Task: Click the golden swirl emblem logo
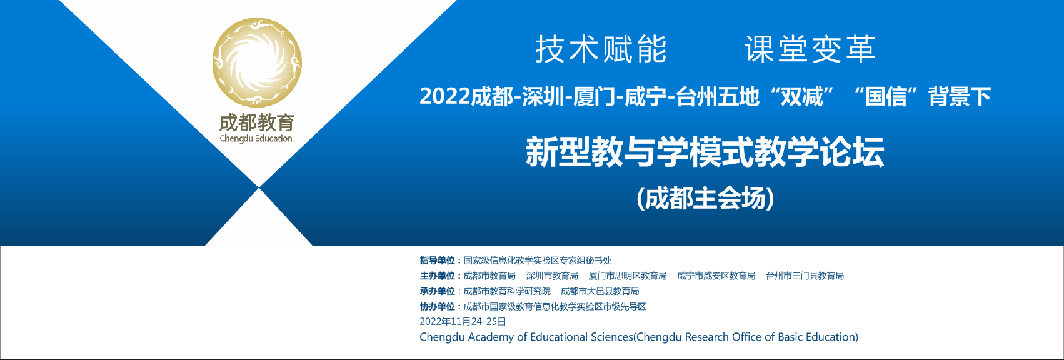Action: [257, 62]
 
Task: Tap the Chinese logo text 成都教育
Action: [257, 123]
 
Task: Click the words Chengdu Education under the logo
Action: [256, 139]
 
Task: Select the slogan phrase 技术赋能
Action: [601, 49]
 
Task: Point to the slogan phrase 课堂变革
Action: [810, 49]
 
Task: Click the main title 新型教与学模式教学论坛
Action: [705, 152]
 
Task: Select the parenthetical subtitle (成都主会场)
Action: [705, 199]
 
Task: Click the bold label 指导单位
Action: [437, 260]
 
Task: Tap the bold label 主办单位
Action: [437, 276]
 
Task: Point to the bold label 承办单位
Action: [437, 291]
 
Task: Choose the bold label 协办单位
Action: [437, 307]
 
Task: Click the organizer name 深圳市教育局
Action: [552, 276]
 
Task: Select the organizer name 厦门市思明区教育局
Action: [628, 276]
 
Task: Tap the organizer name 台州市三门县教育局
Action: [805, 276]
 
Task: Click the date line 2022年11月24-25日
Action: [463, 322]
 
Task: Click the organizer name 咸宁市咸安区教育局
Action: [716, 276]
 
